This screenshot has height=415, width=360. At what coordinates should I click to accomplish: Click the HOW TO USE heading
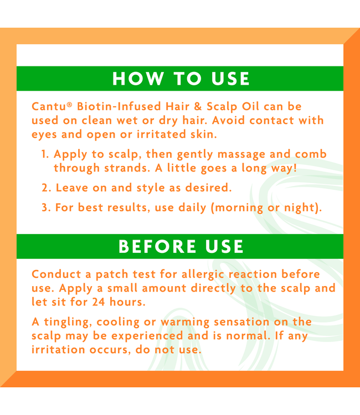pos(181,79)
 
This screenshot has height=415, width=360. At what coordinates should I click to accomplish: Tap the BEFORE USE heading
pos(181,246)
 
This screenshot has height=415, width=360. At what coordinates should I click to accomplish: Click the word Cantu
pos(46,106)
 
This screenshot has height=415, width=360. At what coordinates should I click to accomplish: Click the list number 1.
pos(44,154)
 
